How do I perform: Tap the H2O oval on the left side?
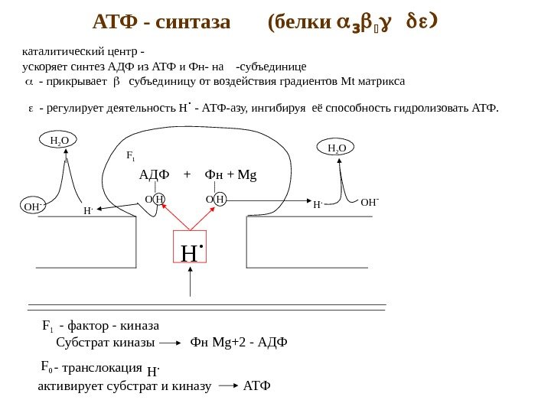tap(59, 141)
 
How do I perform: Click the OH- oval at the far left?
tap(33, 206)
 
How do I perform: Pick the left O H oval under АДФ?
tap(154, 200)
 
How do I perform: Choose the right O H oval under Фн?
tap(215, 200)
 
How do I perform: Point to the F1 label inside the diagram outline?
tap(130, 157)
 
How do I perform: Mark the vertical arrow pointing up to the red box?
tap(190, 287)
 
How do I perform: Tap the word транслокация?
tap(106, 368)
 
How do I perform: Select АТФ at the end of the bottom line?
tap(256, 385)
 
